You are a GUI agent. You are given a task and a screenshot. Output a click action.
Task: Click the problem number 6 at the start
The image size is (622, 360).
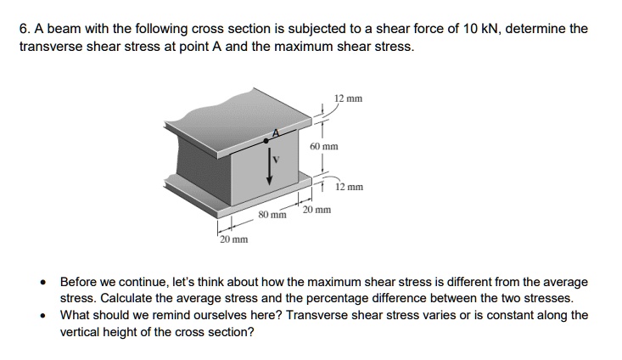(x=24, y=29)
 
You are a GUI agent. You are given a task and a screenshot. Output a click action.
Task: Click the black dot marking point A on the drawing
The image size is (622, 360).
(x=268, y=139)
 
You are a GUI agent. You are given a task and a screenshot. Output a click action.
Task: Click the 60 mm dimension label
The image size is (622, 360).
(x=324, y=146)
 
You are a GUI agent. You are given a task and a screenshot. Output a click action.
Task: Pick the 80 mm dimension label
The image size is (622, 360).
(x=272, y=215)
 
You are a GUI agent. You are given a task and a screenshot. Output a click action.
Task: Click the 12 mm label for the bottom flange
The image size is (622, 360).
(x=349, y=187)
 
